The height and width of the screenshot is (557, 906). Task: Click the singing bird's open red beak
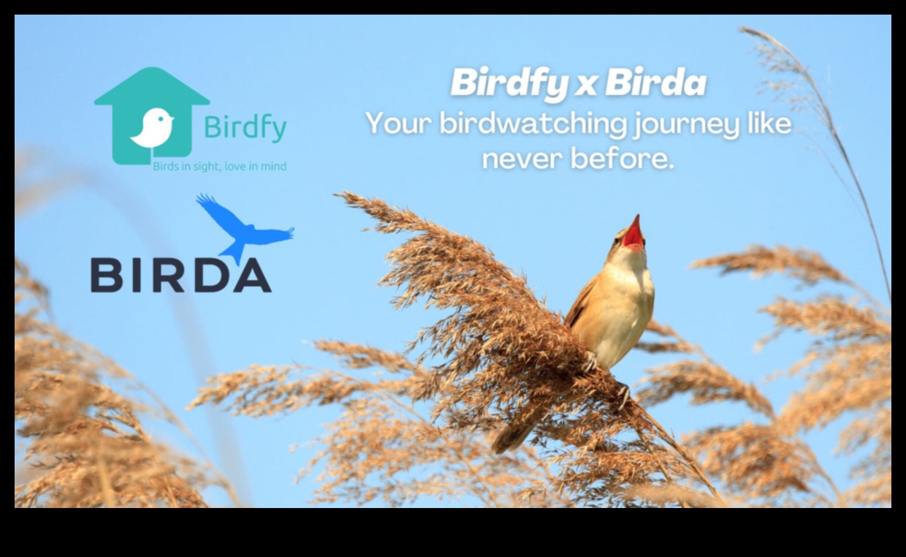click(633, 235)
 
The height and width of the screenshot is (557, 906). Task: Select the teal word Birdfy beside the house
click(245, 128)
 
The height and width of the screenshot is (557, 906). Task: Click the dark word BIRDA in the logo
click(180, 275)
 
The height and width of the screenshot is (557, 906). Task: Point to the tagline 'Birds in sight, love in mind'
click(219, 167)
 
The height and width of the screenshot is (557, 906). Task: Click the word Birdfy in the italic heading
click(509, 83)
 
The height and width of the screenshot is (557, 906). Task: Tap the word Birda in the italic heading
click(655, 83)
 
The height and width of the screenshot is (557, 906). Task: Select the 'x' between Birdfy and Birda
click(585, 86)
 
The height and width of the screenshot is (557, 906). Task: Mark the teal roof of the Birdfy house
click(152, 86)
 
